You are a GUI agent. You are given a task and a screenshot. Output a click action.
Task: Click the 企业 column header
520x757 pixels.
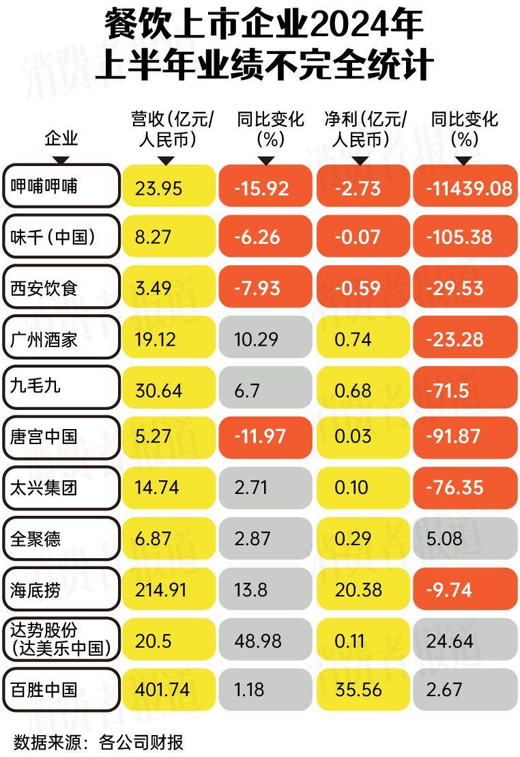[61, 139]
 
